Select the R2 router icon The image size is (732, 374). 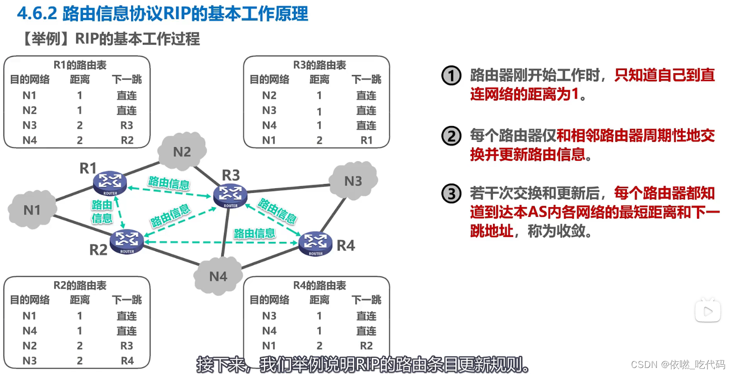point(127,241)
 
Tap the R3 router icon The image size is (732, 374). point(230,195)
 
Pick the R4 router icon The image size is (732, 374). point(316,243)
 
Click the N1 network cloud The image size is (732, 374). point(32,210)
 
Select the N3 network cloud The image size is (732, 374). point(353,181)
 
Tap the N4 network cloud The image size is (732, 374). point(218,276)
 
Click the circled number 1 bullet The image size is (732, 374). point(451,76)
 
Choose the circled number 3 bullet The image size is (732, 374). point(451,194)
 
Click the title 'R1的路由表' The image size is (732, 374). point(80,65)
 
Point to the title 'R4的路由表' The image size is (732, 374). point(319,285)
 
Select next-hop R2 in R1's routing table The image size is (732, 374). point(127,140)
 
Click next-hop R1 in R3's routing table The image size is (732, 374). point(366,140)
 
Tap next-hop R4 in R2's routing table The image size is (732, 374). point(127,361)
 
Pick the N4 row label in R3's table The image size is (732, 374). point(269,125)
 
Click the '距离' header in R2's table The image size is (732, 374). point(80,300)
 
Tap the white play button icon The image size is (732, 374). point(707,311)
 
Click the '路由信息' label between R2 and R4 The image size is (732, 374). point(254,233)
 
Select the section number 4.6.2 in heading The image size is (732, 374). point(37,13)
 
